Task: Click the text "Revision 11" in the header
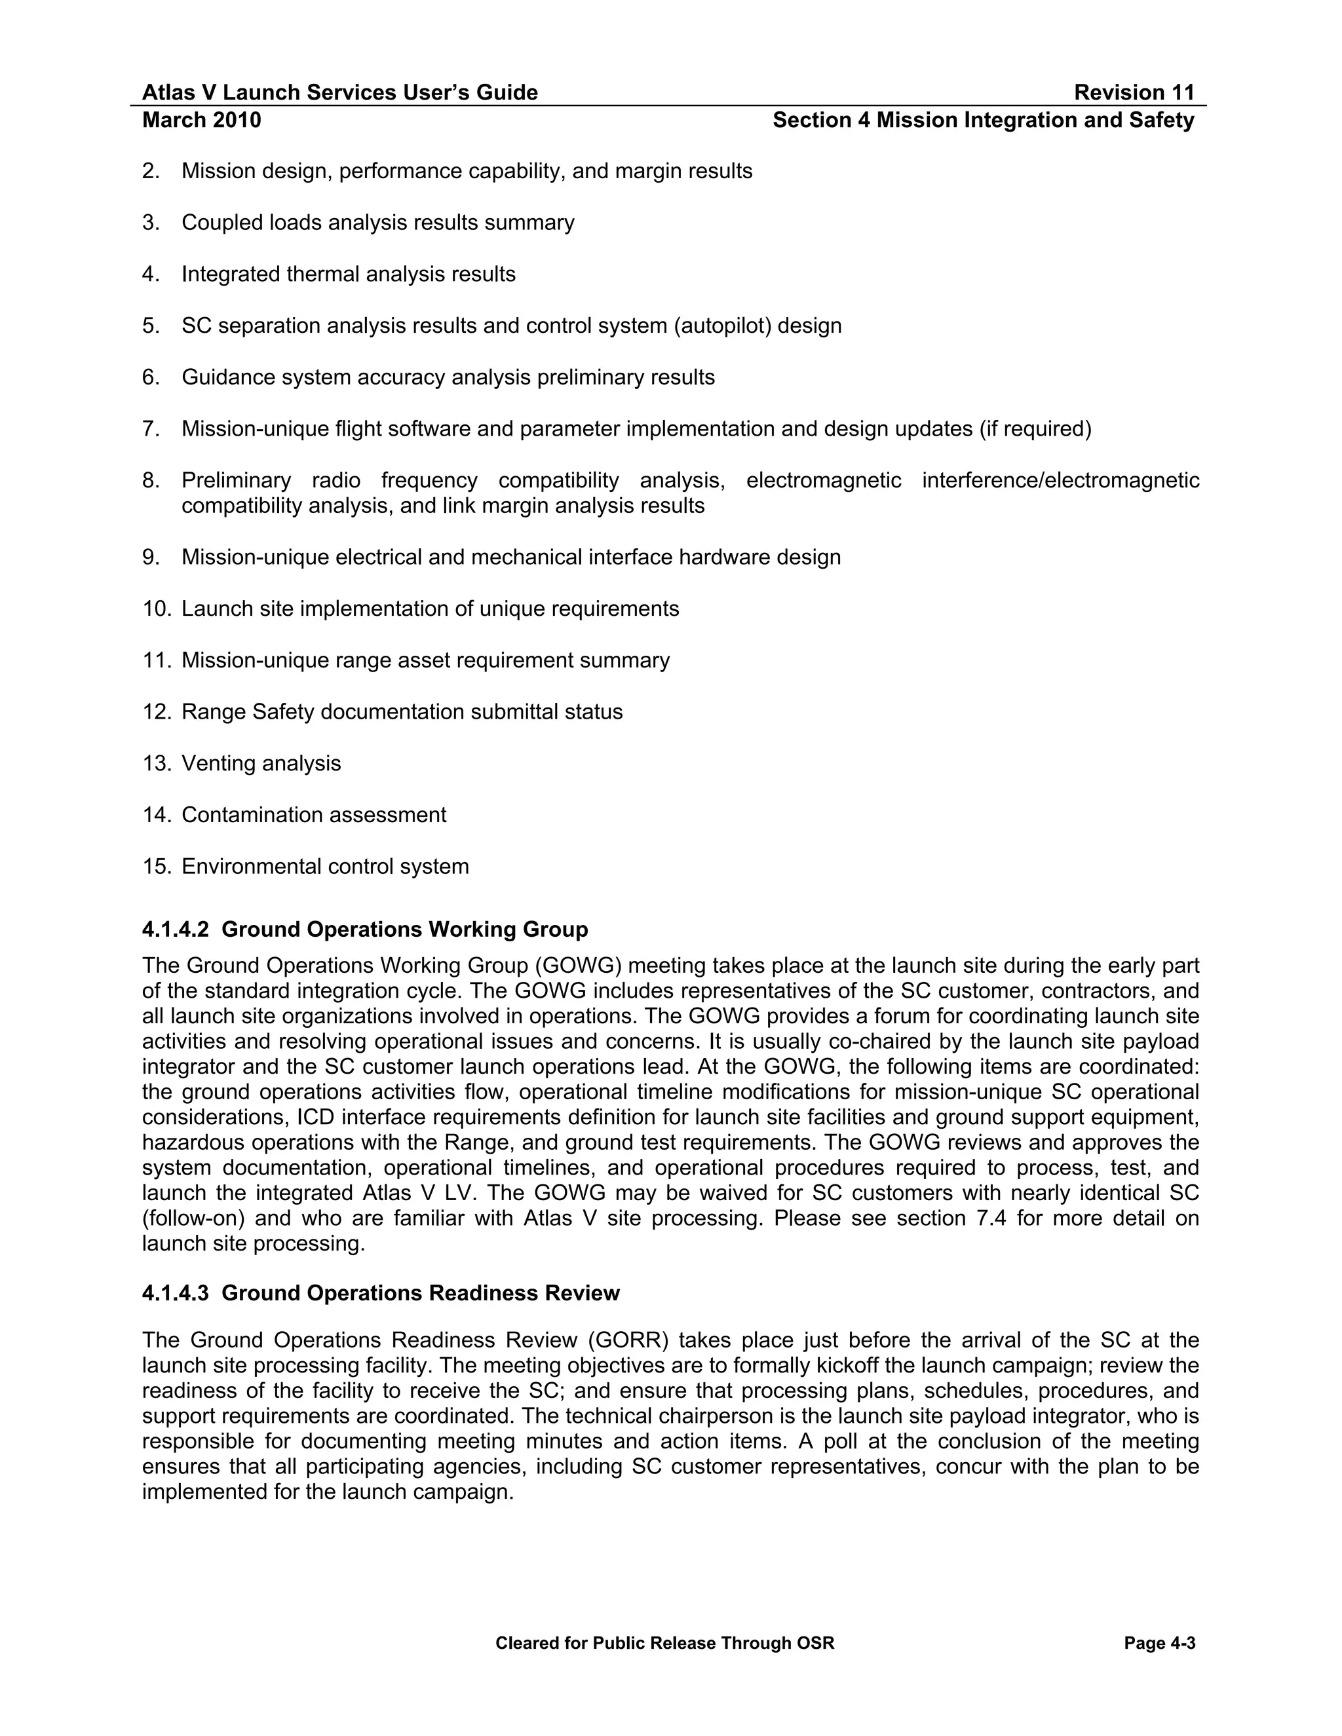pyautogui.click(x=1134, y=93)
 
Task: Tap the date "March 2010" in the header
pyautogui.click(x=201, y=120)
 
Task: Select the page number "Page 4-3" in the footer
pyautogui.click(x=1160, y=1643)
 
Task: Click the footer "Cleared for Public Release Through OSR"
pyautogui.click(x=664, y=1643)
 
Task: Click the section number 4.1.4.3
pyautogui.click(x=175, y=1293)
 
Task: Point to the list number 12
pyautogui.click(x=156, y=711)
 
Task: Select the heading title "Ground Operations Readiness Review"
pyautogui.click(x=421, y=1293)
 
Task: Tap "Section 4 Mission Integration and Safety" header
pyautogui.click(x=984, y=120)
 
